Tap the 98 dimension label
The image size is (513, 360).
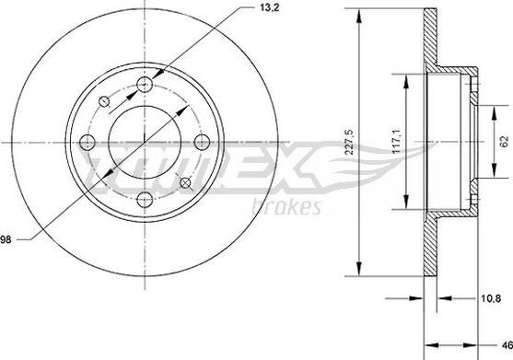point(8,240)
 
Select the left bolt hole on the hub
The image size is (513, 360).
point(87,143)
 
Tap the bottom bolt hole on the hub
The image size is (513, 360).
point(145,200)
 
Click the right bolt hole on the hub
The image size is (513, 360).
point(202,143)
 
